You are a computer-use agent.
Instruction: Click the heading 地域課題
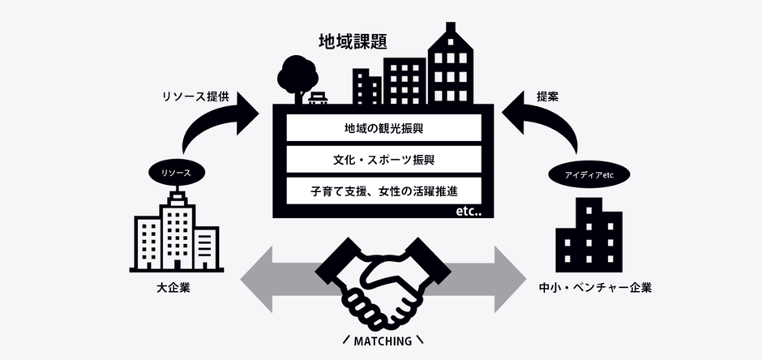click(351, 40)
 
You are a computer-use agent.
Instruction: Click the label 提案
click(547, 96)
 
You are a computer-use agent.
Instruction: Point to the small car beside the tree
click(319, 98)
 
